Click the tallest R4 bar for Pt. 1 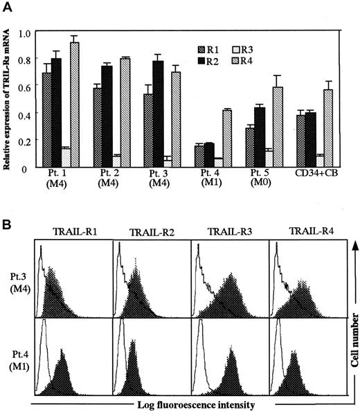(74, 104)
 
